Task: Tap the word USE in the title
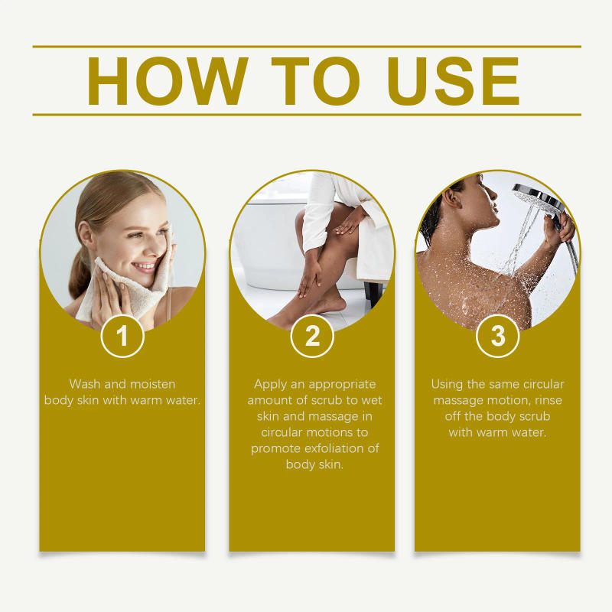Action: pyautogui.click(x=454, y=81)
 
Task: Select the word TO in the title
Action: pyautogui.click(x=316, y=81)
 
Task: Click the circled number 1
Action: pyautogui.click(x=122, y=336)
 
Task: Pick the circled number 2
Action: pyautogui.click(x=312, y=336)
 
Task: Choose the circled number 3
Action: pyautogui.click(x=497, y=336)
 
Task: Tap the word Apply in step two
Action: pyautogui.click(x=271, y=384)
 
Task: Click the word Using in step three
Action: pyautogui.click(x=448, y=384)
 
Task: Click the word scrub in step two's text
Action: pyautogui.click(x=335, y=400)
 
